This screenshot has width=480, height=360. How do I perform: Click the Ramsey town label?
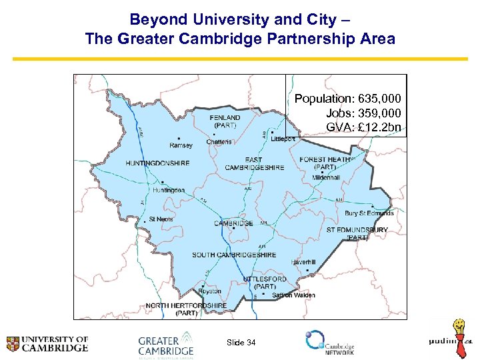181,145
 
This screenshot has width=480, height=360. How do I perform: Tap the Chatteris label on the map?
219,141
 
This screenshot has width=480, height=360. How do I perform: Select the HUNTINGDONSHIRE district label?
157,163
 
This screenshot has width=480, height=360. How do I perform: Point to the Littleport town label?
283,139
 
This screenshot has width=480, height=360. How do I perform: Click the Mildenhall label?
326,178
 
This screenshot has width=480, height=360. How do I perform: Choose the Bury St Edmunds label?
369,213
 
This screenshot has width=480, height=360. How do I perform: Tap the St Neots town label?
161,219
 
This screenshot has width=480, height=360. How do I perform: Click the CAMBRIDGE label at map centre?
233,223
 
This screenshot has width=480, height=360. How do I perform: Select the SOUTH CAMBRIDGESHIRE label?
234,255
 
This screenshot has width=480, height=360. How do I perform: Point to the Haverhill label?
303,262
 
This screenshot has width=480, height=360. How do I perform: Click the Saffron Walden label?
293,295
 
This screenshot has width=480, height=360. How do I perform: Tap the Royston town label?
210,291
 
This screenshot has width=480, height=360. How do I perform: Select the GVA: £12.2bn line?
363,127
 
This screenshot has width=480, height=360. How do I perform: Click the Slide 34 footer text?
241,343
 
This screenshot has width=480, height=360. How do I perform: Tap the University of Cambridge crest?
13,344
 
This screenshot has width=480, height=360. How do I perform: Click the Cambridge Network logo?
329,343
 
